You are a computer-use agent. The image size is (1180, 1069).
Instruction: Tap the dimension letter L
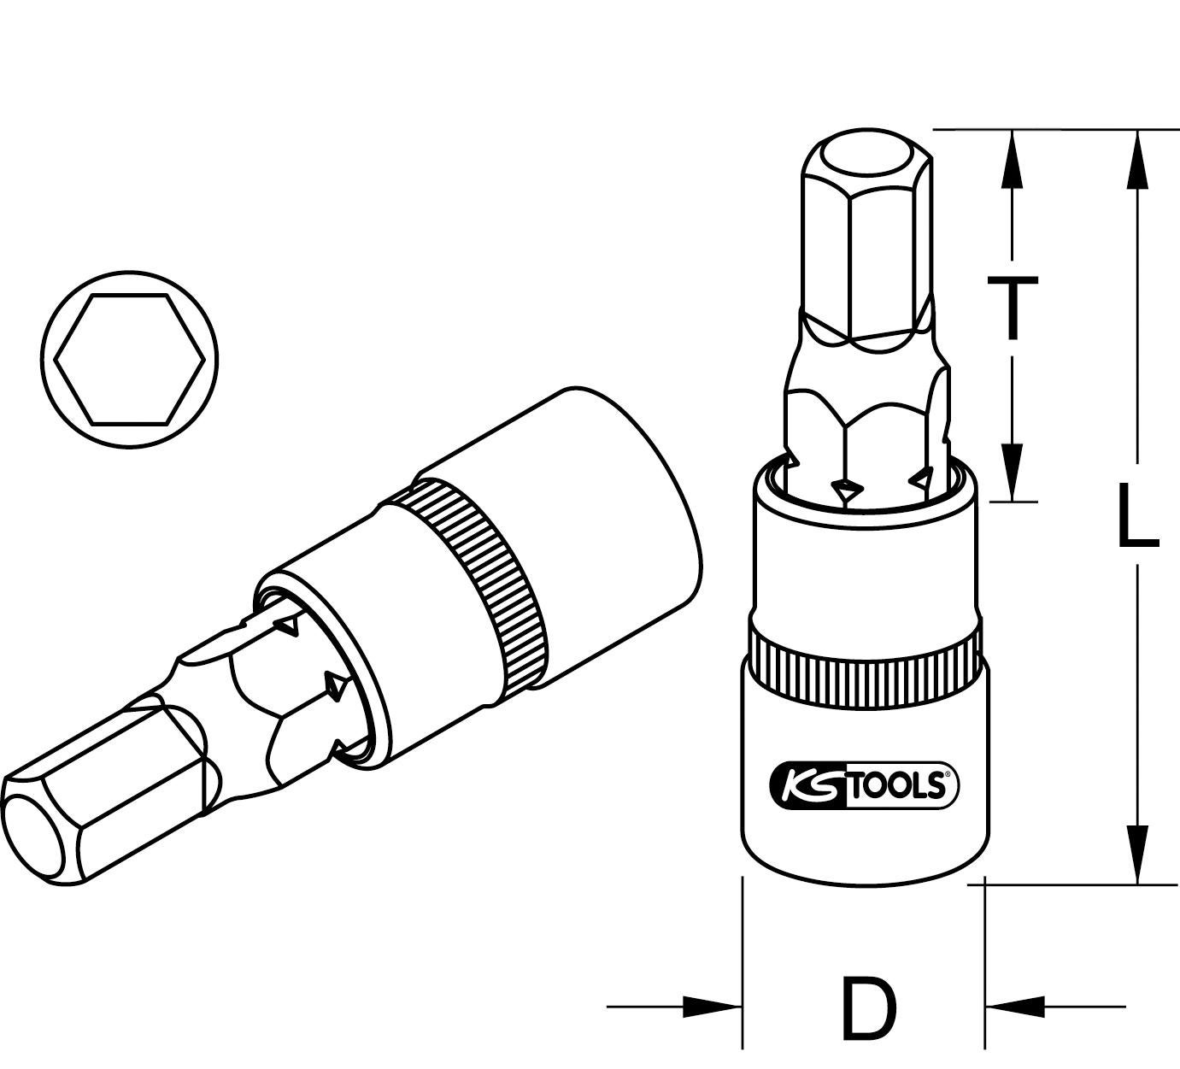tap(1137, 514)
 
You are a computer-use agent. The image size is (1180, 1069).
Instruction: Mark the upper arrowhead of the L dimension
tap(1137, 158)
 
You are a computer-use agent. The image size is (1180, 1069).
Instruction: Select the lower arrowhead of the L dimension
tap(1137, 855)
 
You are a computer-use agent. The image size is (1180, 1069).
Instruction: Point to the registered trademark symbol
tap(946, 776)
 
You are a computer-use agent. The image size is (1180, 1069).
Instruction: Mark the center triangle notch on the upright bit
tap(847, 490)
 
